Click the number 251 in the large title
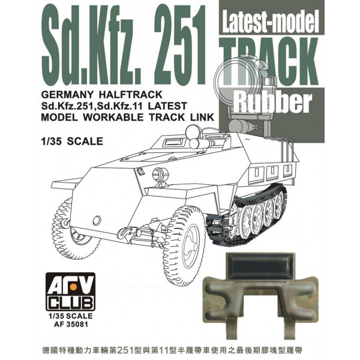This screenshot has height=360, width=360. tap(179, 46)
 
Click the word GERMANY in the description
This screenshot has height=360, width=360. tap(67, 94)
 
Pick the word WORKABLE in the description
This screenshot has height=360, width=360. tap(113, 117)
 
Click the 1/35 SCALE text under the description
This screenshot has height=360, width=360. tap(72, 141)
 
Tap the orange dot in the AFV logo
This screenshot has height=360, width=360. tap(73, 286)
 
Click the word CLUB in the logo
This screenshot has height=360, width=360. tap(70, 302)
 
